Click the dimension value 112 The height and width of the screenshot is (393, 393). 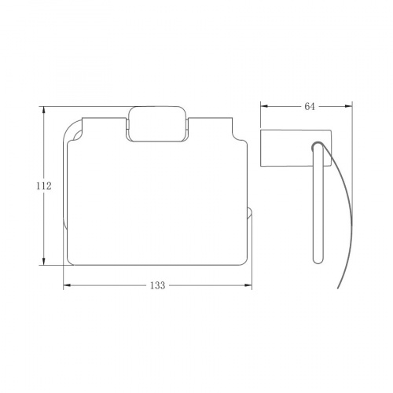pos(44,186)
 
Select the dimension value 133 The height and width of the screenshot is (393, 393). pos(157,285)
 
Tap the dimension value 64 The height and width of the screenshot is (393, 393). pos(310,106)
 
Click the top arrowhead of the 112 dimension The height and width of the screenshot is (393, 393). pos(44,110)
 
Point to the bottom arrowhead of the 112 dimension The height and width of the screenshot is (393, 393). pos(44,262)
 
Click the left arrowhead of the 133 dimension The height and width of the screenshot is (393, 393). pos(68,285)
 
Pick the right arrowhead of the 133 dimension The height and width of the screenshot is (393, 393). pos(248,285)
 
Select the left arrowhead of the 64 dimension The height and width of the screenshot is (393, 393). pos(264,106)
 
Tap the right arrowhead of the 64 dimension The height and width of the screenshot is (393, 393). pos(348,106)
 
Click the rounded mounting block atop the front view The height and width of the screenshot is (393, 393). pos(157,124)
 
